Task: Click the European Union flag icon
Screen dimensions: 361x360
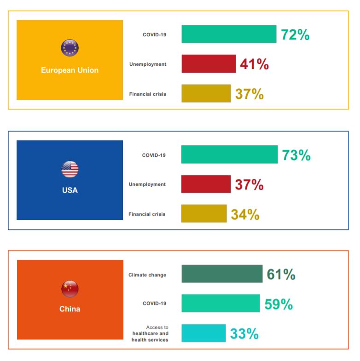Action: point(70,48)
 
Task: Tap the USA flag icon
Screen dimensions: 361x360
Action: point(70,169)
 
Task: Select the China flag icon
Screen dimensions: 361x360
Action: point(70,289)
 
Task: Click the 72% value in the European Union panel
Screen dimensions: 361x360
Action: point(295,35)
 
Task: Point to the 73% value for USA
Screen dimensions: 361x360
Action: point(296,155)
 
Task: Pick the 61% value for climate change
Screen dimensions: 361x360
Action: point(281,275)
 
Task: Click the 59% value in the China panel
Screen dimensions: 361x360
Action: point(279,304)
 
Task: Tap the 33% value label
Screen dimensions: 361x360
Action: point(244,334)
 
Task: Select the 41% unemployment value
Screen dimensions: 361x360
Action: point(254,64)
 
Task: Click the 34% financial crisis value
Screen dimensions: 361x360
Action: point(245,214)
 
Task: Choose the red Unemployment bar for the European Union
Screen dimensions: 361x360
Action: point(209,64)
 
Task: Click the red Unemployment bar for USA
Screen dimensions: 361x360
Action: point(206,184)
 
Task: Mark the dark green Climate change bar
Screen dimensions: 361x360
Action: point(222,274)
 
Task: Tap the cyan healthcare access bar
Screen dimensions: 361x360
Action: point(203,333)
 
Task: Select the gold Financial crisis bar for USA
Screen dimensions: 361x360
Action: point(204,214)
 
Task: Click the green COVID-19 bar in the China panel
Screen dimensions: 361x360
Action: point(221,304)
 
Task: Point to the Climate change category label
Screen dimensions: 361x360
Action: point(147,275)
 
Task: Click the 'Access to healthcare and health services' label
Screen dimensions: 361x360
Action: point(150,334)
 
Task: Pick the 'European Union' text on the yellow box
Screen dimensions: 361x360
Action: point(70,70)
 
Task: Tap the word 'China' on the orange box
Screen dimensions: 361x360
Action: point(70,309)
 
